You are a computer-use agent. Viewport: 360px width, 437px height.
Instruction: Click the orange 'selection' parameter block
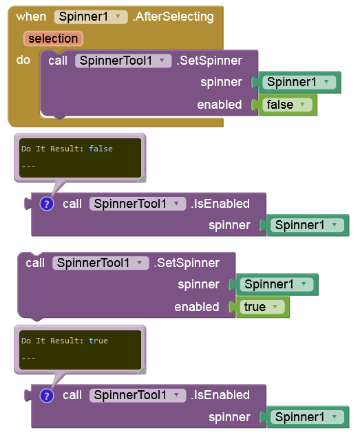53,39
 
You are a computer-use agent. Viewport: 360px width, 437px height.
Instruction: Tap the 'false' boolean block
287,105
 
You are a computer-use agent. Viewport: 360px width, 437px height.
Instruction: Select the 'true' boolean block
262,307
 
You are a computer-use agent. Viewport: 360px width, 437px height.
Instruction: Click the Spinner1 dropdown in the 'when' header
91,17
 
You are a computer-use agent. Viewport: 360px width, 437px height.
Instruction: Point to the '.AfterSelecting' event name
173,17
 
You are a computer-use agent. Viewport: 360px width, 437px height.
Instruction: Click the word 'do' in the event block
23,60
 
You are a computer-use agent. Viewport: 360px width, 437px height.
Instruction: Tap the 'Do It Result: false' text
67,149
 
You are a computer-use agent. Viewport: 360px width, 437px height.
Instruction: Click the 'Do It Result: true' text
65,341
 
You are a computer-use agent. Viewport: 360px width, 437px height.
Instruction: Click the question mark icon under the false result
47,204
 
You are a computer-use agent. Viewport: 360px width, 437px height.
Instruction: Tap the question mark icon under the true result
47,396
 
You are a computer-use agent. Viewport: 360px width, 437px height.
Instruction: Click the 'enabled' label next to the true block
197,307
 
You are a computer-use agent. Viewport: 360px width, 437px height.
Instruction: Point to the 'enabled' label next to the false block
220,105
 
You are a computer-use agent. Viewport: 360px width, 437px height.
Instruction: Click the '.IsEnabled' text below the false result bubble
220,204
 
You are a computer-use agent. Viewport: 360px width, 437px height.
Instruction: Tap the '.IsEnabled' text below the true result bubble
220,395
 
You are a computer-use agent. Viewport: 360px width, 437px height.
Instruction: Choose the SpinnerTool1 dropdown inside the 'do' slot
123,61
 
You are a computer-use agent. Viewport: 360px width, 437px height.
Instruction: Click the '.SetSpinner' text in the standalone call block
187,263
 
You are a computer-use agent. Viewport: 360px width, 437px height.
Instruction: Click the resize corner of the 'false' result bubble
142,178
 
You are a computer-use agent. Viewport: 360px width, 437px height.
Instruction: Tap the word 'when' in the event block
31,17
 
